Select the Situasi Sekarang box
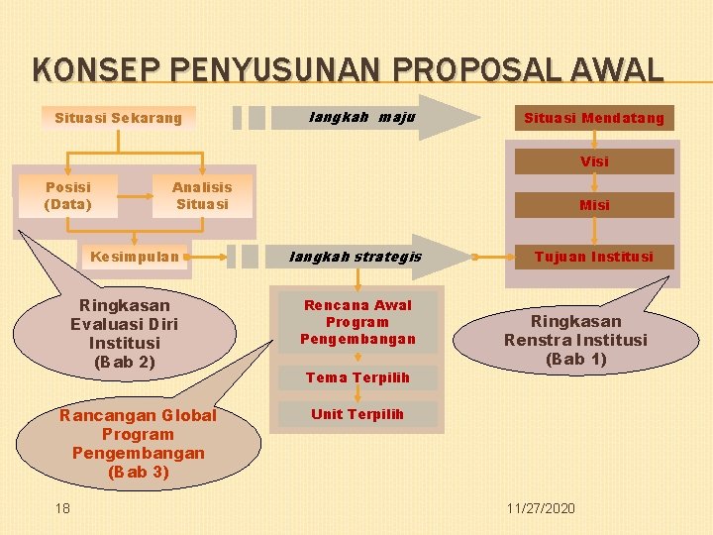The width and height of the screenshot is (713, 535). [119, 118]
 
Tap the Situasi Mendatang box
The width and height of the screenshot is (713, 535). [594, 119]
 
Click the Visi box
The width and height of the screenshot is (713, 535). [594, 160]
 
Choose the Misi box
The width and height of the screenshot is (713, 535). [594, 205]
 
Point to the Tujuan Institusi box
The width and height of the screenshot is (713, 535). [594, 257]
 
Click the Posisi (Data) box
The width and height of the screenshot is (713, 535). [67, 196]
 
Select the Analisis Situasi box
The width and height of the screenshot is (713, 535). [202, 196]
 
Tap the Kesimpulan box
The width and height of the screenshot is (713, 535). [135, 257]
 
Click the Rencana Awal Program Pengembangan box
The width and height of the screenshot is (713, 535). [357, 322]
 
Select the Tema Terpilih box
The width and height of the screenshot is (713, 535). [357, 377]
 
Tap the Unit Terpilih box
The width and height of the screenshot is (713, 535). [357, 414]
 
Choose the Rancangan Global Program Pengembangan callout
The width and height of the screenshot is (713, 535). [138, 443]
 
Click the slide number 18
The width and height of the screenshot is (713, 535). [62, 507]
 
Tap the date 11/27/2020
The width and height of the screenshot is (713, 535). [540, 507]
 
